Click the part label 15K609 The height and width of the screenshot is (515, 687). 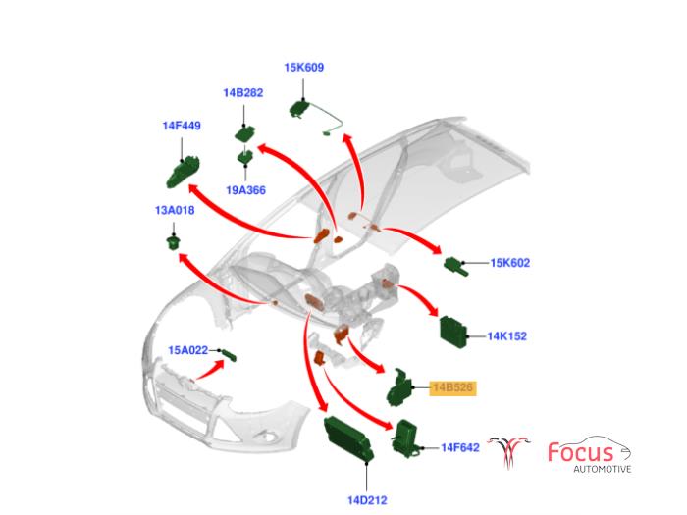[x=304, y=68]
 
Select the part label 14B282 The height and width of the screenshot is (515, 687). [x=242, y=93]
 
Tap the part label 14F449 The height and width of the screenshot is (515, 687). [x=182, y=126]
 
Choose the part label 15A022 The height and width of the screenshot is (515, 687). [x=187, y=350]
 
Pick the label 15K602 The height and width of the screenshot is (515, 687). [x=509, y=263]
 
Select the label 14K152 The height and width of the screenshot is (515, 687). [x=507, y=335]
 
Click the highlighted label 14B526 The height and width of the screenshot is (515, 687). [x=452, y=387]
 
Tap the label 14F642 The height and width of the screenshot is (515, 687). [x=459, y=447]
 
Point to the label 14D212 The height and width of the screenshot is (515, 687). [x=366, y=500]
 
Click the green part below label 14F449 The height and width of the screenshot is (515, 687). [x=180, y=172]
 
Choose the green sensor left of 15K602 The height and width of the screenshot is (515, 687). [x=458, y=264]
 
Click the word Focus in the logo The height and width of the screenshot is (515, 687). [x=580, y=453]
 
